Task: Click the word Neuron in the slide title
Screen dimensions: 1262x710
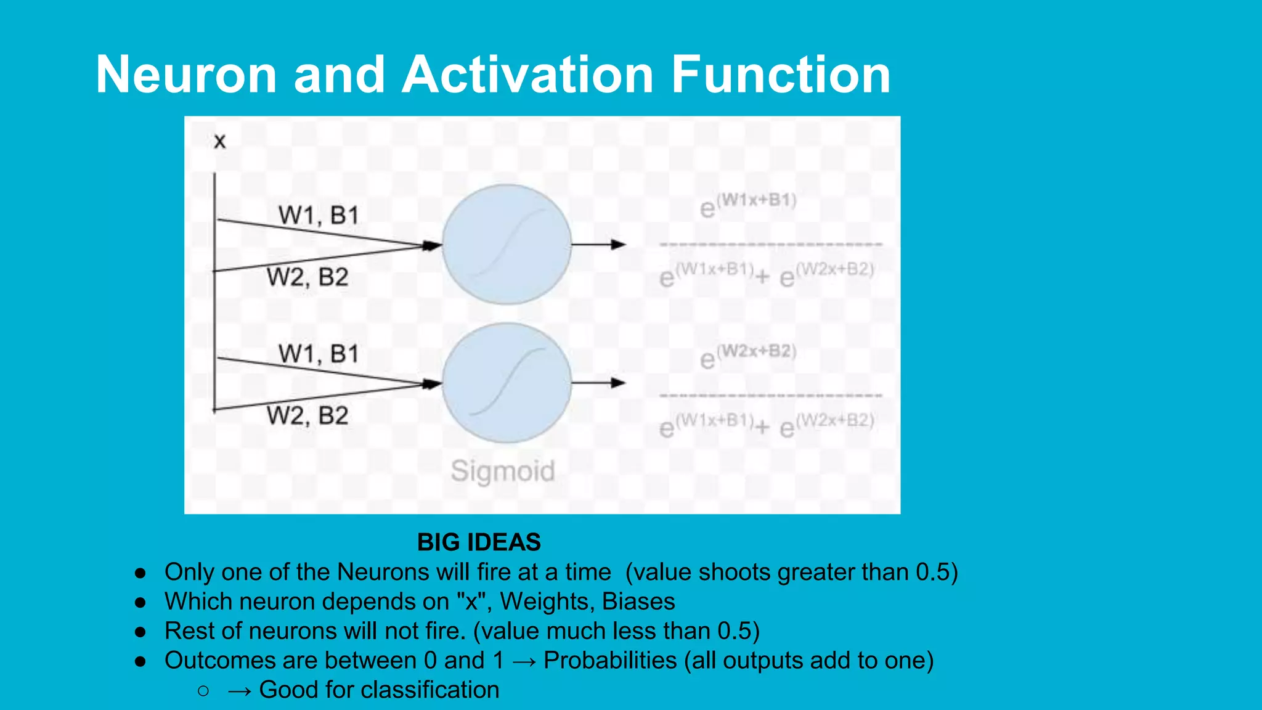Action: point(186,75)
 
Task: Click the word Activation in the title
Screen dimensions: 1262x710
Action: point(527,75)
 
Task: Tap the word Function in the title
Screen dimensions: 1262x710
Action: point(780,75)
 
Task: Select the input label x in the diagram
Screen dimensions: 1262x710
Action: point(219,142)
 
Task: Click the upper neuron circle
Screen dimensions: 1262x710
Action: point(507,244)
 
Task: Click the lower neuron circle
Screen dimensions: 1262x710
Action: point(507,383)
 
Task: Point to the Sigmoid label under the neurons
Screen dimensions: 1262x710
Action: point(503,471)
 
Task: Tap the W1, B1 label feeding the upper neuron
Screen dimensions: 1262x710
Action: point(318,216)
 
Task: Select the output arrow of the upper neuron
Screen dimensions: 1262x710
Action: point(598,245)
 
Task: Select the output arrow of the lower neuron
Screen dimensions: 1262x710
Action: point(598,383)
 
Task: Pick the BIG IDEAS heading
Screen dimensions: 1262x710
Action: point(479,542)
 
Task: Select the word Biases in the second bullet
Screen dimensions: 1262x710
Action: point(638,602)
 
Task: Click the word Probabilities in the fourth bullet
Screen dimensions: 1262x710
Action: point(610,661)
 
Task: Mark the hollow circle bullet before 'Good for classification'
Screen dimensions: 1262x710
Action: point(203,691)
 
